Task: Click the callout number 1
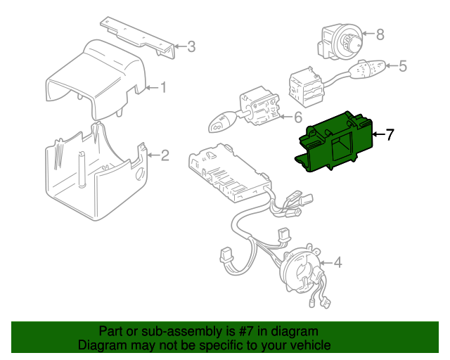[163, 87]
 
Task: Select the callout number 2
[165, 155]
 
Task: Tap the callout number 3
[191, 46]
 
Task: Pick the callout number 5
[403, 66]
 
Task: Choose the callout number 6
[298, 117]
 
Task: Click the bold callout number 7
[390, 134]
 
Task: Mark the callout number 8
[380, 34]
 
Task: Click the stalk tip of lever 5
[367, 69]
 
